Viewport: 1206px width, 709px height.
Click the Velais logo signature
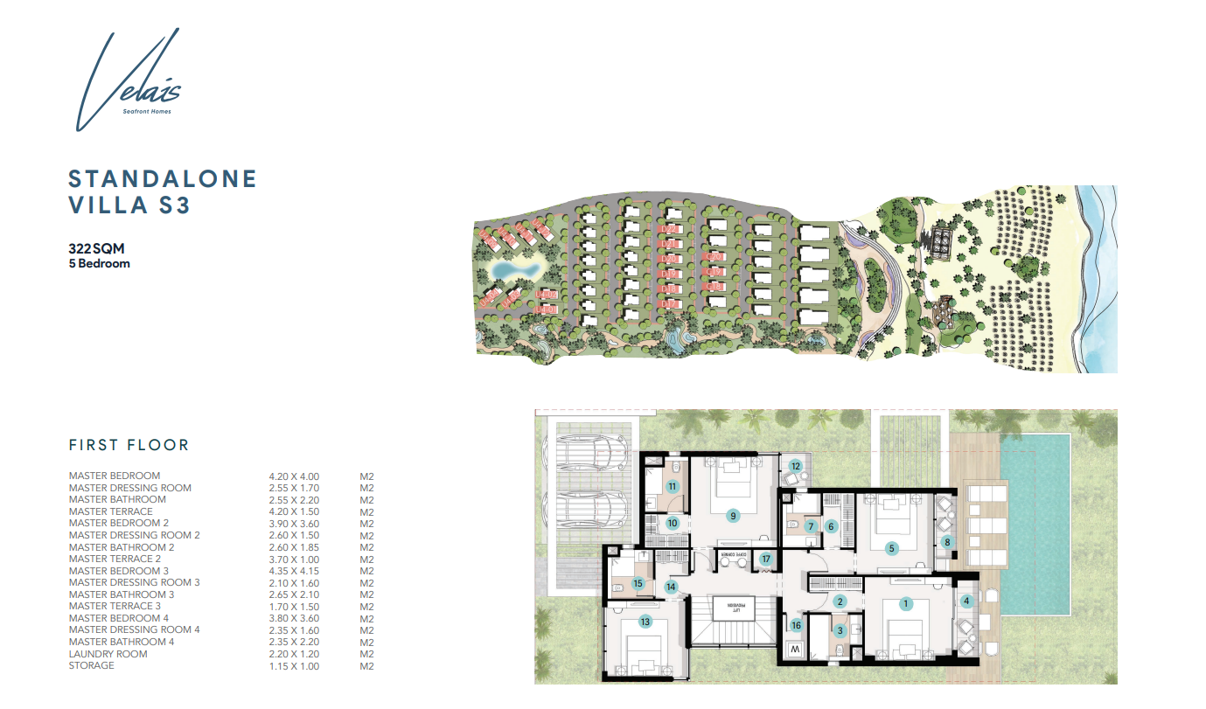tap(127, 83)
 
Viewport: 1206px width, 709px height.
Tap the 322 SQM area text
tap(96, 248)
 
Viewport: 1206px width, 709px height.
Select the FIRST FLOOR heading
tap(129, 445)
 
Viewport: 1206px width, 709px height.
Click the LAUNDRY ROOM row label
tap(108, 654)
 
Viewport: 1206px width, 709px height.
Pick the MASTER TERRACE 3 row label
tap(115, 606)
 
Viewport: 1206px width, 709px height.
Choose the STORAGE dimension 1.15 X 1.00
tap(294, 665)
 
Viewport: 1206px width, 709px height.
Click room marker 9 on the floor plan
tap(733, 516)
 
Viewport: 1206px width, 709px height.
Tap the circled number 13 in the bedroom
tap(645, 622)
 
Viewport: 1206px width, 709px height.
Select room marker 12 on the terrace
tap(795, 467)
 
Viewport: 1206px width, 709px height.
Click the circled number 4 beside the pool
tap(966, 601)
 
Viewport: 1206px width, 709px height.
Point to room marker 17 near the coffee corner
tap(766, 560)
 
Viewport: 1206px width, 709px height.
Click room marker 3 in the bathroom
tap(840, 629)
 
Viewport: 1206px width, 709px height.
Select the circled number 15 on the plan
tap(638, 583)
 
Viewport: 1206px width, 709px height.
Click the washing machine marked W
tap(794, 651)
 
